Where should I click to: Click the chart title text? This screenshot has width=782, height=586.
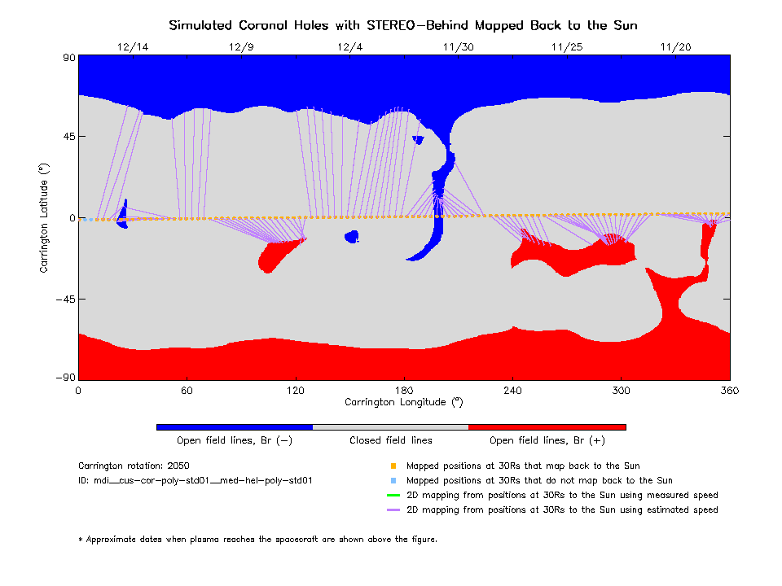[403, 25]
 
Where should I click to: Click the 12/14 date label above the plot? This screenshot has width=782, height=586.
[133, 47]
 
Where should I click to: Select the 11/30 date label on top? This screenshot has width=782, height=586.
[458, 47]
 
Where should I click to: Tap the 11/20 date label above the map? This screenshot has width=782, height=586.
[674, 47]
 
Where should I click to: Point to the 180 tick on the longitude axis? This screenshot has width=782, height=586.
[403, 391]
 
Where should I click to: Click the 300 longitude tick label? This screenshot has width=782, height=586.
[621, 391]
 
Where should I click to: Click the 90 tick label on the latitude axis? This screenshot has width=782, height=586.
[68, 57]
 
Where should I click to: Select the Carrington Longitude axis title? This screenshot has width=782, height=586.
[403, 402]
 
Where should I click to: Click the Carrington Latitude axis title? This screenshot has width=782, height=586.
[45, 217]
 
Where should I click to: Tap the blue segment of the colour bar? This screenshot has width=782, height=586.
[234, 426]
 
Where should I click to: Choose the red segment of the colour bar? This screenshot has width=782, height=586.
[547, 426]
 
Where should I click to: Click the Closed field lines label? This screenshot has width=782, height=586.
[391, 440]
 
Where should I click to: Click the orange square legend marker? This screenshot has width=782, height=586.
[393, 466]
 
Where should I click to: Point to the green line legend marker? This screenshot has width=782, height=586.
[393, 496]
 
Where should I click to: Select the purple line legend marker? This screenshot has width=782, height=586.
[393, 510]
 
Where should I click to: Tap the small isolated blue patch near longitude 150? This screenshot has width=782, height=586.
[352, 237]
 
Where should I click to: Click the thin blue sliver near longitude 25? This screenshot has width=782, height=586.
[123, 213]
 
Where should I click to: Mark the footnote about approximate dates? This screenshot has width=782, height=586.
[257, 539]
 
